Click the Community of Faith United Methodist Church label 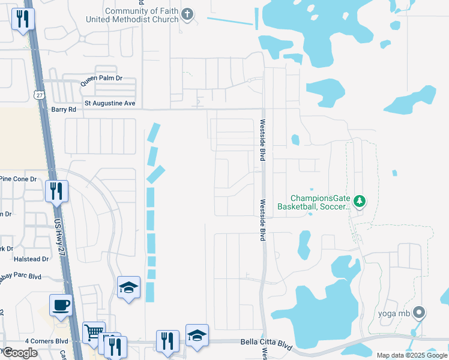coord(142,16)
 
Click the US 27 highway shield coord(39,95)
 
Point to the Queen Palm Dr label coord(101,78)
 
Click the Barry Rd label coord(64,110)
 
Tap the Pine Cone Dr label coord(18,179)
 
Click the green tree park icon coord(360,201)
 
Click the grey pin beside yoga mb coord(420,313)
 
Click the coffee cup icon coord(61,305)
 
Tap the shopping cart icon coord(93,332)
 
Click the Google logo coord(20,353)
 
